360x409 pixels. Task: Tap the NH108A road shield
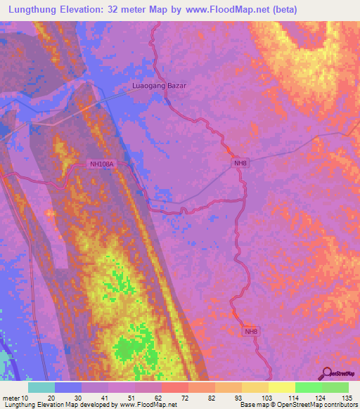click(x=101, y=164)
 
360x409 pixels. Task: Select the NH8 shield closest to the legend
click(x=252, y=331)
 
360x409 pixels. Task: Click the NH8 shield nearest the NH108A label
click(x=240, y=164)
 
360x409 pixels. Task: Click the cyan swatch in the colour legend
click(x=41, y=387)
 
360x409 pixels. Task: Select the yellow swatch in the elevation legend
click(x=282, y=387)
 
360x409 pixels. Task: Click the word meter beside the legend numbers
click(x=11, y=398)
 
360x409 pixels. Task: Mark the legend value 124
click(x=314, y=398)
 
